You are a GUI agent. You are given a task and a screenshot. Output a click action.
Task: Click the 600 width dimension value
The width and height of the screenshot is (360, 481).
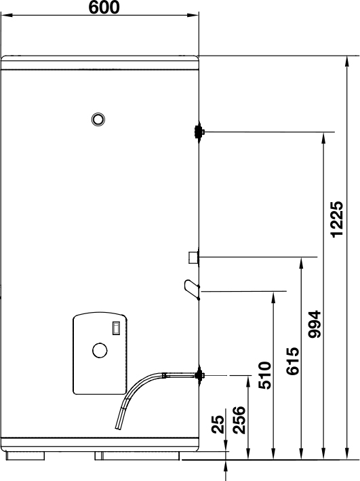coord(104,7)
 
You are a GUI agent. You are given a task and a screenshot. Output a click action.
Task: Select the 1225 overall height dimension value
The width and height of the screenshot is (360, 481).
coord(337,219)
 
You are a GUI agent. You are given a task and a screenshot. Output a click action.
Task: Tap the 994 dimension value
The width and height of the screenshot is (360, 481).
coord(315,324)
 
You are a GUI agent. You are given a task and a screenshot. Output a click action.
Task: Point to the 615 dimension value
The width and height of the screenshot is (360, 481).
coord(292,361)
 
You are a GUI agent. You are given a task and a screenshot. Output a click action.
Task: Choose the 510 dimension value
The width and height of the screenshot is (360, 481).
coord(264,375)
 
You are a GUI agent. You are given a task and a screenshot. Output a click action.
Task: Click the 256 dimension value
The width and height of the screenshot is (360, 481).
coord(239,420)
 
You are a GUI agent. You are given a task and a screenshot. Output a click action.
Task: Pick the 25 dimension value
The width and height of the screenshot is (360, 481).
coord(218,424)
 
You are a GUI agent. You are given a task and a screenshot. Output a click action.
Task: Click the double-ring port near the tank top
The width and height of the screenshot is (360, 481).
coord(98,119)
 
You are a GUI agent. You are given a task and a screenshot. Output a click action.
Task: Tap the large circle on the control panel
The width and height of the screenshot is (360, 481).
coord(100,350)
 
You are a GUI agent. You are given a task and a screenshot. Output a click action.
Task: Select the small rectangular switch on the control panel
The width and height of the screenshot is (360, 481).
coord(116,328)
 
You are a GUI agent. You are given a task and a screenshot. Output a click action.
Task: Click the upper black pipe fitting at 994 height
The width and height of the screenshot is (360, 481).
coord(199,132)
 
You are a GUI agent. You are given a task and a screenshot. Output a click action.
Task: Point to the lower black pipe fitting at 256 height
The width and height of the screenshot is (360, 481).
coord(199,375)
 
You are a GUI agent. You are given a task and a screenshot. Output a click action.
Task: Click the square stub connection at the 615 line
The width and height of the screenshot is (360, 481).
coord(193,257)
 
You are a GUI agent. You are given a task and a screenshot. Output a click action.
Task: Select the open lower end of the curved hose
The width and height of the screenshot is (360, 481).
coord(119,427)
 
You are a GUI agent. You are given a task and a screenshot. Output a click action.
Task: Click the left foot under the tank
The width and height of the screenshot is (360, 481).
coord(25,455)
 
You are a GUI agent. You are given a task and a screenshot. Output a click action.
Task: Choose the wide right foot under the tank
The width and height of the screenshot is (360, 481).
coord(137,455)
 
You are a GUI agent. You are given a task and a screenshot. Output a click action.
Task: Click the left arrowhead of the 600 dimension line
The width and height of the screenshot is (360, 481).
coord(7,15)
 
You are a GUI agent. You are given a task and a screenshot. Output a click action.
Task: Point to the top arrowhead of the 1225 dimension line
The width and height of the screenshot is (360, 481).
coord(347,61)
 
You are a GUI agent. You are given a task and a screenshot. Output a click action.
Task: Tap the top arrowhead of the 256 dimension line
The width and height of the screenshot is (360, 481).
coord(248,381)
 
